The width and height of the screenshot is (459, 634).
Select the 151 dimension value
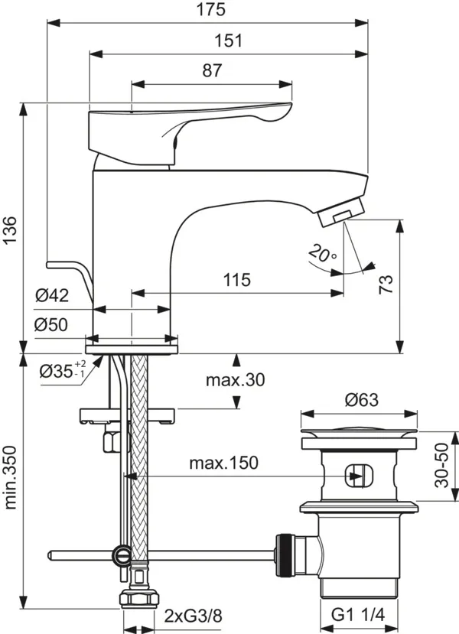[x=227, y=41]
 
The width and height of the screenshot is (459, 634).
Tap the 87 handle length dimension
[x=212, y=70]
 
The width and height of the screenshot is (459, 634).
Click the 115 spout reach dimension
[x=237, y=280]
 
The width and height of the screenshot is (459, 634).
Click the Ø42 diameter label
[x=52, y=294]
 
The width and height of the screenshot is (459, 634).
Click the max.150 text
[x=225, y=462]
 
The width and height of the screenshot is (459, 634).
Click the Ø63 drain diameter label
[x=360, y=399]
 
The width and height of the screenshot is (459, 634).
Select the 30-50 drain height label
[x=442, y=467]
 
